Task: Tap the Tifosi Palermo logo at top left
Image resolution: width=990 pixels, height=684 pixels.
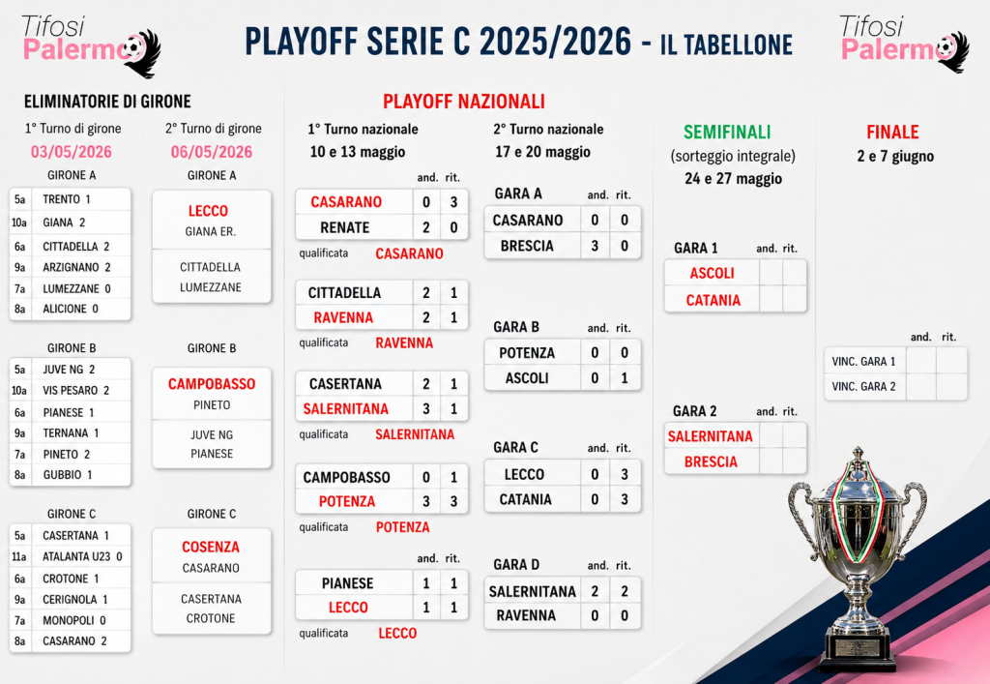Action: [90, 45]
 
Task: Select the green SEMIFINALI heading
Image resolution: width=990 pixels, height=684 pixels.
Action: [727, 132]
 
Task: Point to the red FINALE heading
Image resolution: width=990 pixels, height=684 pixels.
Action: [892, 132]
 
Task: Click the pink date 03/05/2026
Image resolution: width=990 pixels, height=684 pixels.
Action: [72, 152]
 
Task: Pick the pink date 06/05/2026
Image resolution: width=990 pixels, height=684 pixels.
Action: [212, 152]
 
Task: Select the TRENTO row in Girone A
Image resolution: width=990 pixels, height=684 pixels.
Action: [70, 199]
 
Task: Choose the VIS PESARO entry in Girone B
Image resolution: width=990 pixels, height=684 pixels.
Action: [75, 390]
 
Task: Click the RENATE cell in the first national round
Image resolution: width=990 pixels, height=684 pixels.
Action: [345, 227]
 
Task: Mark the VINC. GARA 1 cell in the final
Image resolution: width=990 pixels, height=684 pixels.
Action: [863, 361]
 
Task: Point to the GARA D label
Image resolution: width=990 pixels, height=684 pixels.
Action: [516, 565]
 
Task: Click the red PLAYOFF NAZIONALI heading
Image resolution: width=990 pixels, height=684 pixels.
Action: [463, 101]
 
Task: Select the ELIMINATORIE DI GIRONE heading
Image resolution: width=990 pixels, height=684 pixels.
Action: [107, 102]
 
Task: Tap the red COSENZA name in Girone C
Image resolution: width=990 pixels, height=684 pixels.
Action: [211, 547]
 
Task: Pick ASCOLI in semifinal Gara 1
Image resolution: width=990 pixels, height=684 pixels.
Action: [713, 274]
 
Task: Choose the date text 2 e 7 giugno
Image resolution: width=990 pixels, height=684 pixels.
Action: [895, 157]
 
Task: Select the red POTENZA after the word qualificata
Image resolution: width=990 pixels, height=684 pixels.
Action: [403, 527]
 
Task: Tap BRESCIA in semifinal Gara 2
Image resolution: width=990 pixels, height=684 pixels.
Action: [711, 462]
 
